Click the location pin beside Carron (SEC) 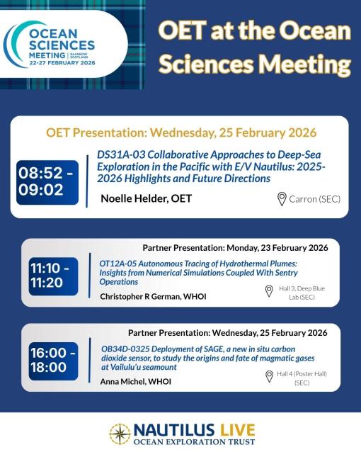click(282, 198)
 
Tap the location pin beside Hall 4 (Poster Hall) click(268, 376)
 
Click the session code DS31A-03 click(121, 155)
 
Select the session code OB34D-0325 click(126, 346)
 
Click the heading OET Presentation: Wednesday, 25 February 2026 click(180, 132)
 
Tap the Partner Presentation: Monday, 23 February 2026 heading click(235, 247)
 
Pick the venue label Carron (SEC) click(314, 198)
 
